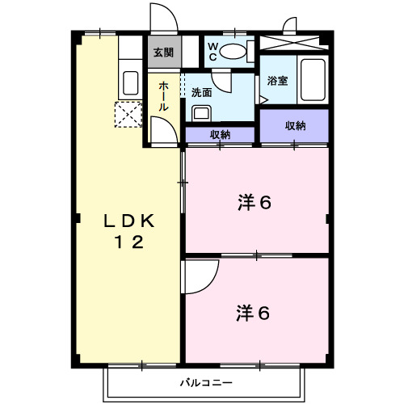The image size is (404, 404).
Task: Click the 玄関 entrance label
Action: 163,53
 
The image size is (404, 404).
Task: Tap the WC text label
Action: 212,52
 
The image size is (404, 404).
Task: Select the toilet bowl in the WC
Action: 234,53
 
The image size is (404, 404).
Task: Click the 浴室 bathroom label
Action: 277,81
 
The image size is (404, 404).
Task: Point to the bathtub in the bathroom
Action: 313,79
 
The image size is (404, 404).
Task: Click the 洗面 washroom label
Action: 202,91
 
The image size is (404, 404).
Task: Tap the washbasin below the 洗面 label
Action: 201,112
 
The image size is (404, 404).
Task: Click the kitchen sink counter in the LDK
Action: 131,82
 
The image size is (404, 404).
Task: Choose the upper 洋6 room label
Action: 254,202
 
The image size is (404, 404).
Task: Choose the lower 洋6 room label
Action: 254,310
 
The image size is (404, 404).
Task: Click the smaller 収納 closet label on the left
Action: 221,135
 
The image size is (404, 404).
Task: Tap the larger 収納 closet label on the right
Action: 295,125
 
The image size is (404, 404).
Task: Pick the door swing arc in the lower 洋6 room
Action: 199,277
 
